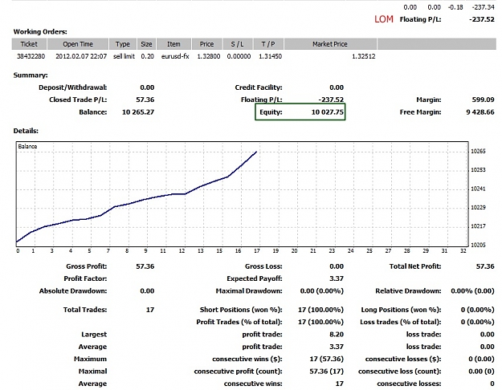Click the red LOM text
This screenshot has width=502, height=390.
pos(384,19)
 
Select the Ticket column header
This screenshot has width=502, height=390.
pos(29,44)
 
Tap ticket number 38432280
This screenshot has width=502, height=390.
pos(31,56)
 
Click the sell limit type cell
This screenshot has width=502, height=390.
pos(124,56)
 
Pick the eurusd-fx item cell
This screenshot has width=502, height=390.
pos(175,56)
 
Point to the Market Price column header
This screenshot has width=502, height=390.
pos(330,44)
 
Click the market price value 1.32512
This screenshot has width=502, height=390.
pos(363,56)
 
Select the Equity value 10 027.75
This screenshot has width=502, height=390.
pos(327,112)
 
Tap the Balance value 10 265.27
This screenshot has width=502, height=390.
pos(138,112)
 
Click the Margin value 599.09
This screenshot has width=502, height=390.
pos(483,100)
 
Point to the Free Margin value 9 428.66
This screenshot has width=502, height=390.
pos(480,112)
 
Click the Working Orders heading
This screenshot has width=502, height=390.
pos(40,31)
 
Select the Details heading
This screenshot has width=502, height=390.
pos(26,131)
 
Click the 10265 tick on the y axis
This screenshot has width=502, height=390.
pos(478,152)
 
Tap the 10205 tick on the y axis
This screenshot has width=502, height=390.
pos(478,245)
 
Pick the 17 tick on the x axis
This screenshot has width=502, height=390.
pos(257,251)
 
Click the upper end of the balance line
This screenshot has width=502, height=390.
pos(256,152)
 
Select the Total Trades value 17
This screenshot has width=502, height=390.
pos(150,310)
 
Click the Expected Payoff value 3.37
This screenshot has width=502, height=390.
pos(337,278)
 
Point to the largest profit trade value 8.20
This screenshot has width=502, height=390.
pos(337,335)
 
